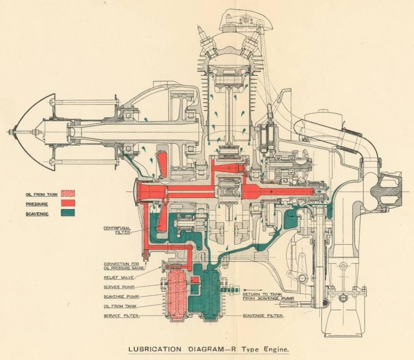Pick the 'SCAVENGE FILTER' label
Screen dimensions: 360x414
pos(263,316)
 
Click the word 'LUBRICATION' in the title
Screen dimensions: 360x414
pos(150,349)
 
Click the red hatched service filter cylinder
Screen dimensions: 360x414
pos(177,293)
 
